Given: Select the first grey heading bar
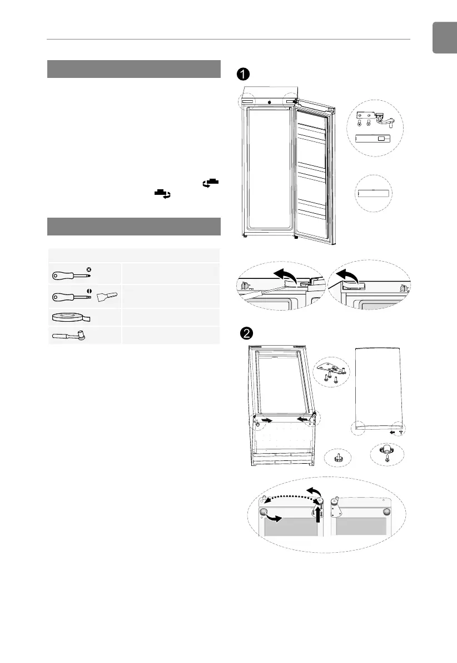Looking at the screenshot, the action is click(x=135, y=69).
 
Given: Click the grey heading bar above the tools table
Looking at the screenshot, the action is click(x=135, y=227).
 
